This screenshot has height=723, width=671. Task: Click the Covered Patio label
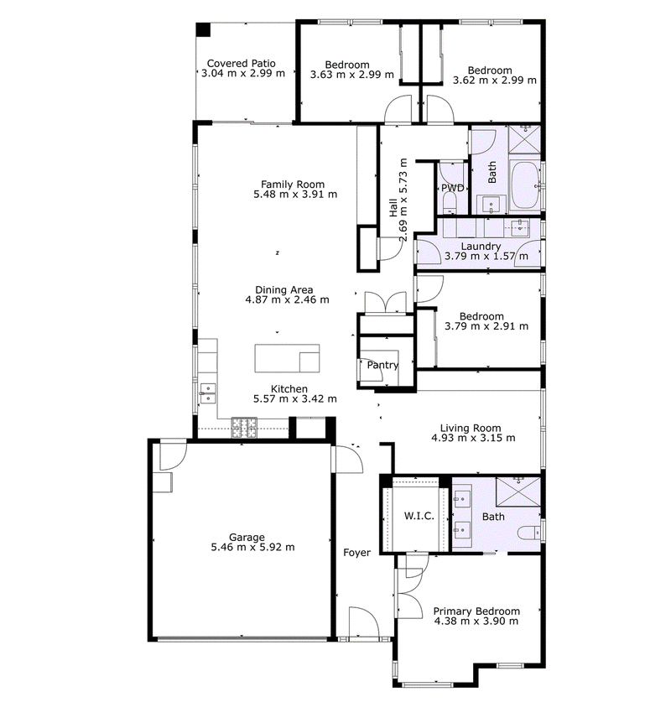pos(242,63)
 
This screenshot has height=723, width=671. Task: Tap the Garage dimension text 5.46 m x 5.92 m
pos(252,548)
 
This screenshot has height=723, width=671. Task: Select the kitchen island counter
pos(288,358)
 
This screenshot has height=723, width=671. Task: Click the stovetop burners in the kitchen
pos(244,428)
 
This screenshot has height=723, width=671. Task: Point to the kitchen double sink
pos(207,393)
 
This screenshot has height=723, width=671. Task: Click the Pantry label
pos(382,365)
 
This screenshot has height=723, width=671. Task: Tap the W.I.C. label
pos(419,516)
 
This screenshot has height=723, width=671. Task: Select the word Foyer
pos(357,553)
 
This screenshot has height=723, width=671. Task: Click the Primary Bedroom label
pos(476,611)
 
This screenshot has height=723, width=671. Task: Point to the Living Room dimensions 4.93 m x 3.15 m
pos(473,438)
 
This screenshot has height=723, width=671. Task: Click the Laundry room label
pos(481,247)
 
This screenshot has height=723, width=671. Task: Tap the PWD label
pos(453,188)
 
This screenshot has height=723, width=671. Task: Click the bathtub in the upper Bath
pos(526,185)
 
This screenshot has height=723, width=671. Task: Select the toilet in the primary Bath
pos(528,533)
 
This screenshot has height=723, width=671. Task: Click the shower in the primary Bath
pos(518,492)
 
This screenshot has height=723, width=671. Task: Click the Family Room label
pos(293,185)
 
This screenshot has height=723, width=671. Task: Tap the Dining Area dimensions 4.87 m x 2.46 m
pos(288,299)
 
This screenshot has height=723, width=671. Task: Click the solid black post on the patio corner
pos(203,29)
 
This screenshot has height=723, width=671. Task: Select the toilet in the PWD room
pos(448,202)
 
